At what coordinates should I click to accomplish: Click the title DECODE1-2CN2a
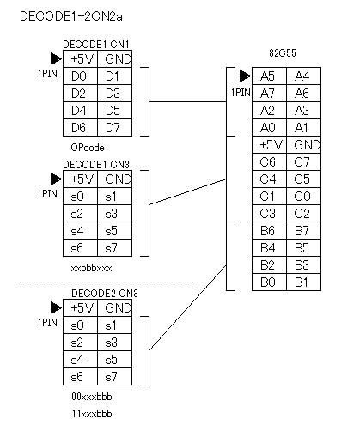point(71,16)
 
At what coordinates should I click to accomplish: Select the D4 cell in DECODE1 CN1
point(80,110)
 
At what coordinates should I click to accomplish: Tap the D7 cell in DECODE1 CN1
point(114,127)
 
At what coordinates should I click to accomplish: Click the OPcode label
point(88,148)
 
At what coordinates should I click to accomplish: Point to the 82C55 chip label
point(283,53)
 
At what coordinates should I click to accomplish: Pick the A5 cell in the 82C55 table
point(269,76)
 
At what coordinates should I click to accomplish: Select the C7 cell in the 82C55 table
point(303,162)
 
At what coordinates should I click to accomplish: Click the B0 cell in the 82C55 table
point(269,282)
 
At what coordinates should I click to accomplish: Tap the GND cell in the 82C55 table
point(303,145)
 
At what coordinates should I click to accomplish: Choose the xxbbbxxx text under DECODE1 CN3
point(91,268)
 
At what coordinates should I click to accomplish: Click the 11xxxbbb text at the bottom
point(92,414)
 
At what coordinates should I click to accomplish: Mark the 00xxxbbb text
point(92,397)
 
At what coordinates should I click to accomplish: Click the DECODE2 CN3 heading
point(105,294)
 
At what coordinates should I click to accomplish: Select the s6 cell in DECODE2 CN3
point(80,377)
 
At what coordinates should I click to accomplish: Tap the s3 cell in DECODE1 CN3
point(114,214)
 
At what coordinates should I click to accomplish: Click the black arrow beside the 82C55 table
point(245,76)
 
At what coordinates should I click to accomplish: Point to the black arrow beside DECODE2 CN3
point(56,307)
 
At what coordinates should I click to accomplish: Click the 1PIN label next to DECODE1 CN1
point(47,74)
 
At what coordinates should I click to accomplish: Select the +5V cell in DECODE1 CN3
point(80,179)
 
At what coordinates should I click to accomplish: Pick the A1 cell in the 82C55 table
point(303,128)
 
